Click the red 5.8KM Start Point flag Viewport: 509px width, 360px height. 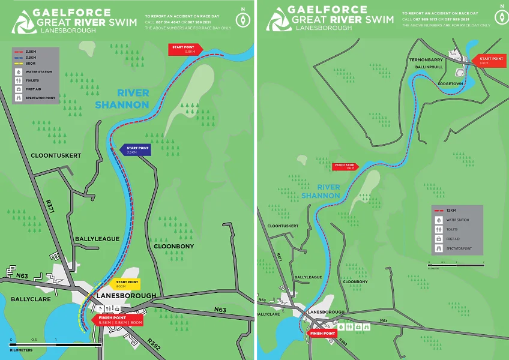pos(182,50)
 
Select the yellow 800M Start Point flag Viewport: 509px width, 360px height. pos(127,284)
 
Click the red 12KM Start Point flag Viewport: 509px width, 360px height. pos(489,61)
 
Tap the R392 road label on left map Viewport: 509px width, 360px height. pos(154,343)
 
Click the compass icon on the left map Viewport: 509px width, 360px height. pos(242,19)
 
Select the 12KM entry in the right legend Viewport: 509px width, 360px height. pos(450,211)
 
